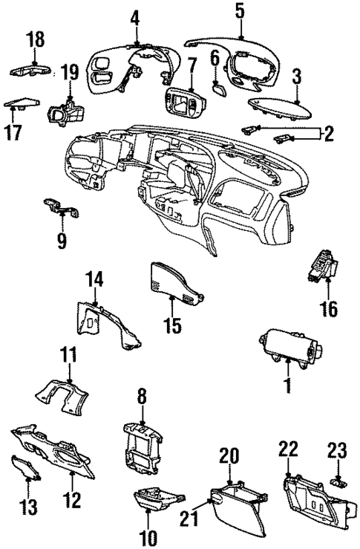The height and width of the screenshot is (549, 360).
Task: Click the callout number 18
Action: click(35, 39)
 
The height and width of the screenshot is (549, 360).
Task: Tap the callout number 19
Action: click(69, 73)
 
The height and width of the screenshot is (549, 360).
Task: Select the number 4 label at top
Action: click(136, 16)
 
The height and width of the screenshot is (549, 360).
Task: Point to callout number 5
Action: click(240, 10)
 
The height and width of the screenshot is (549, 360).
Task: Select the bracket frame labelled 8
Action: click(143, 449)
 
